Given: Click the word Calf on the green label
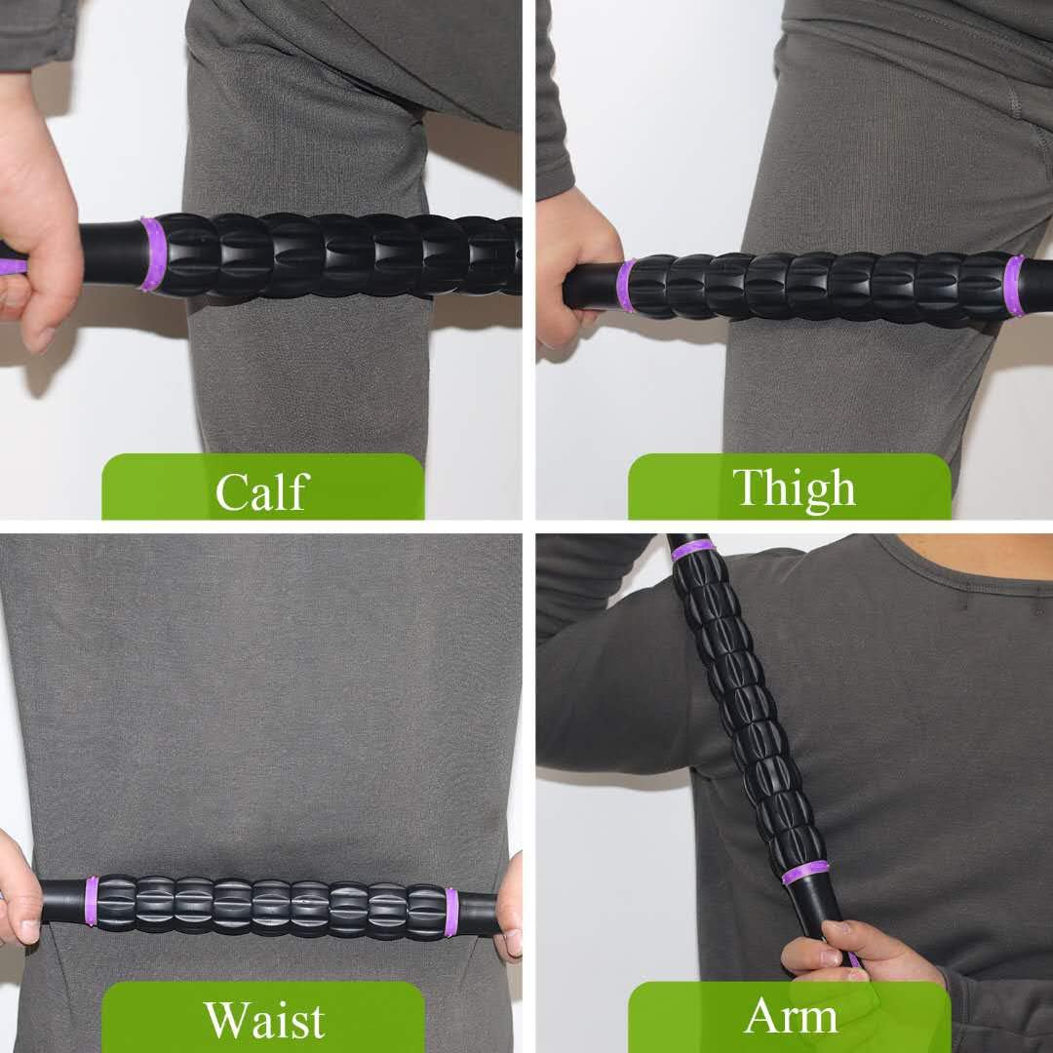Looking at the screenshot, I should tap(262, 490).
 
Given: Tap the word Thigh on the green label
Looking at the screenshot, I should tap(794, 487).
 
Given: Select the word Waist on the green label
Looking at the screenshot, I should tap(263, 1019).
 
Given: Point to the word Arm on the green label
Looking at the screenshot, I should tap(791, 1017).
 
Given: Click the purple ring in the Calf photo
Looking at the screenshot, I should tap(151, 254).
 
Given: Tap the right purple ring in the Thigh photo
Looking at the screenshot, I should tap(1014, 285).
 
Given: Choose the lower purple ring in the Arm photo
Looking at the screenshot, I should tap(805, 872).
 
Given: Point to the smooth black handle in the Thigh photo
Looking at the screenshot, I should tap(591, 285).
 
